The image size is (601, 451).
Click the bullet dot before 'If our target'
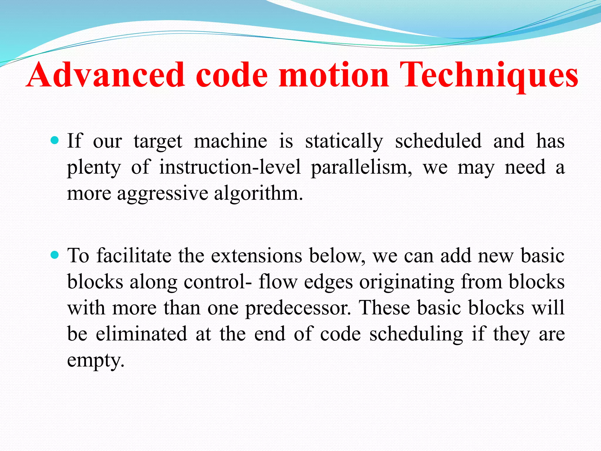coord(55,140)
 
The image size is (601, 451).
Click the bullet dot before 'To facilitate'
coord(55,255)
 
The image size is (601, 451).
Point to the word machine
coord(231,141)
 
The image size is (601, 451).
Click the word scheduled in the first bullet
coord(438,141)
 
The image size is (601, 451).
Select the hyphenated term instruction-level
coord(230,167)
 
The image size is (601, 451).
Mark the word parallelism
coord(361,168)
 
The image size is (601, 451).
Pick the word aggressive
coord(163,194)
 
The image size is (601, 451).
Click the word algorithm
coord(258,194)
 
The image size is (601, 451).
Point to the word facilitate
coord(134,255)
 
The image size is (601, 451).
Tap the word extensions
coord(256,255)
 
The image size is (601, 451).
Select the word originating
coord(407,282)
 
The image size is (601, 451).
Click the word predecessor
coord(298,308)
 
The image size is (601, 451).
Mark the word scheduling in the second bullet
coord(416,334)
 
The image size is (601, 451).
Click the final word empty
coord(96,361)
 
